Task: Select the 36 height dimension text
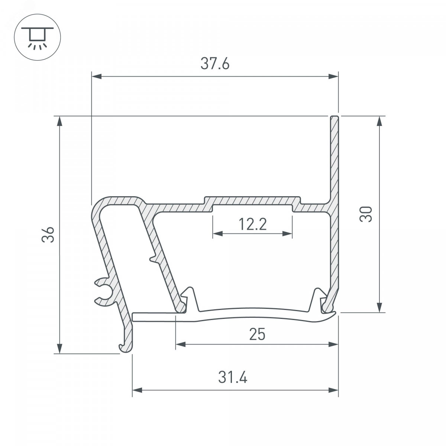click(48, 235)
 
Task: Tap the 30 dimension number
click(366, 214)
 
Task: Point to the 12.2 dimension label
click(252, 224)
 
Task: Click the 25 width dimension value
click(257, 334)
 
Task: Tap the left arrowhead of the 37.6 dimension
click(97, 77)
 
